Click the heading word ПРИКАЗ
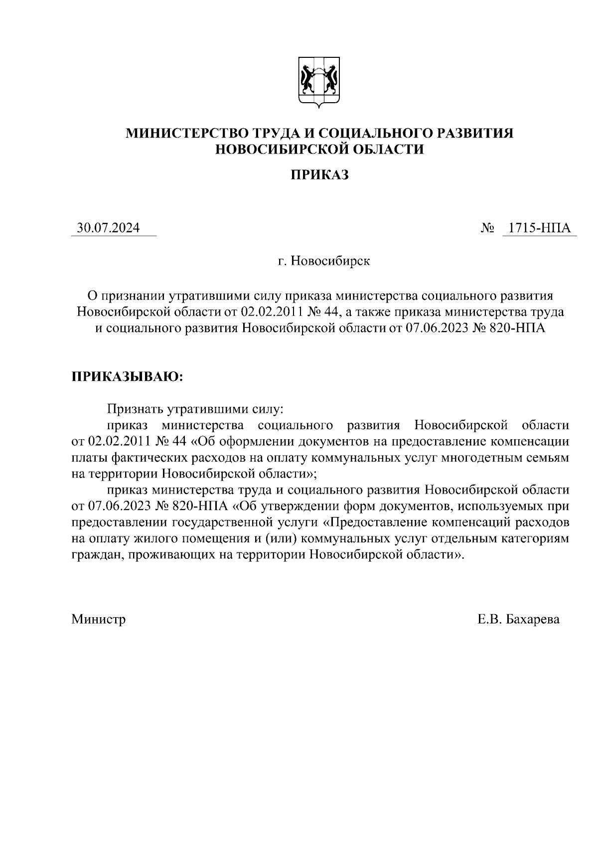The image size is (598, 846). (x=319, y=175)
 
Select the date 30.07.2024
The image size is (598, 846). (x=108, y=228)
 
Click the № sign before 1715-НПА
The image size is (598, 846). (x=488, y=229)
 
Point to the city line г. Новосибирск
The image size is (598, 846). (x=324, y=261)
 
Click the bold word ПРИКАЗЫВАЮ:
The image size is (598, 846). (x=128, y=376)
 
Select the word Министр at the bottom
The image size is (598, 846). (x=99, y=619)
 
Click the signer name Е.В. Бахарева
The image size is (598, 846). (x=518, y=619)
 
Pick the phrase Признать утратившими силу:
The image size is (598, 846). (x=195, y=409)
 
